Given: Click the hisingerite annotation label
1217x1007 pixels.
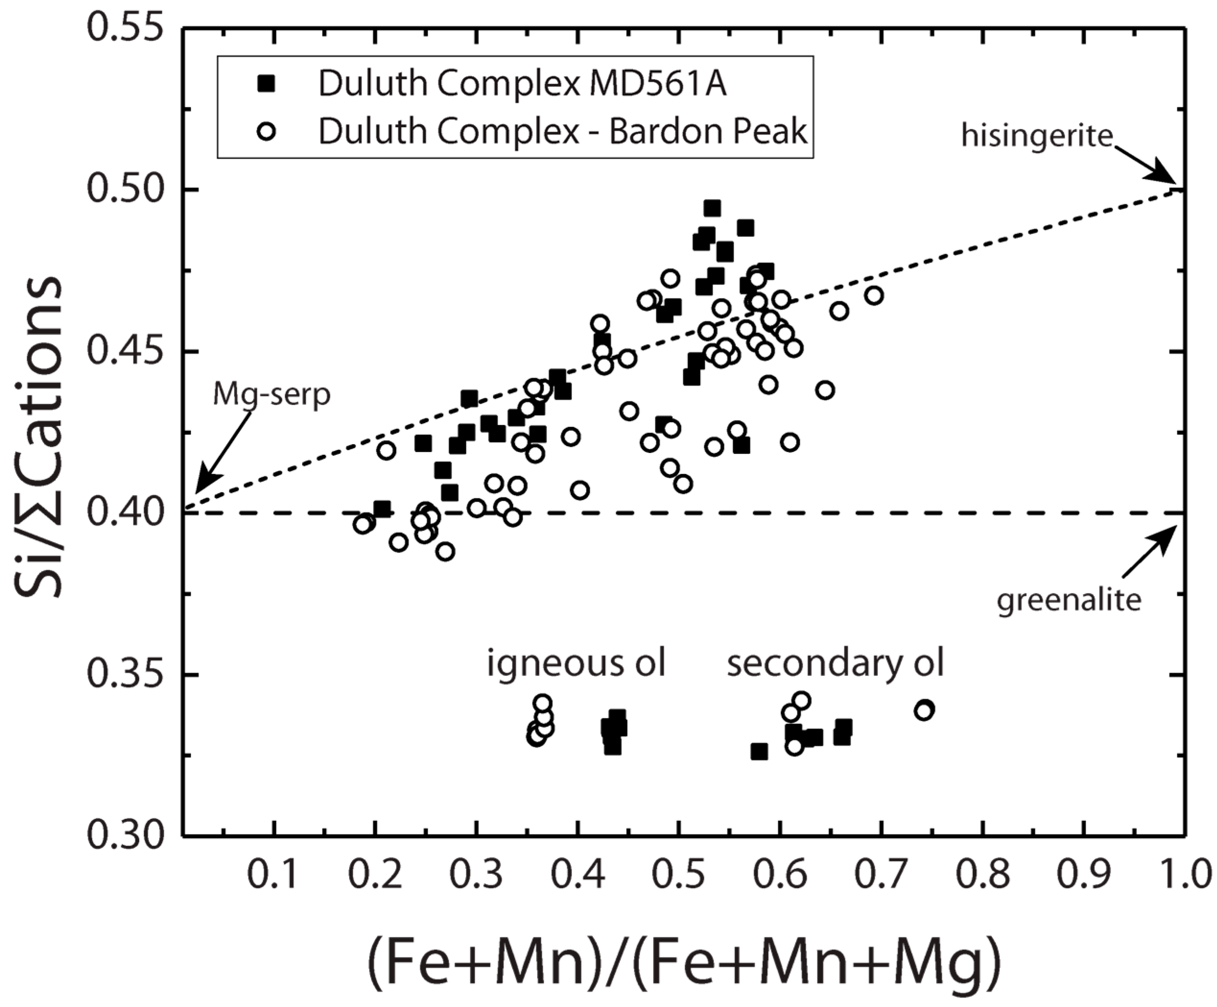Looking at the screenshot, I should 1037,136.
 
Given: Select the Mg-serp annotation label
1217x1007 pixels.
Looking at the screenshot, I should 271,395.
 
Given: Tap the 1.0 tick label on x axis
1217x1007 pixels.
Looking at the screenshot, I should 1186,873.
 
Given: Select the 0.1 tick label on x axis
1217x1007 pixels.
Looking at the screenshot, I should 272,873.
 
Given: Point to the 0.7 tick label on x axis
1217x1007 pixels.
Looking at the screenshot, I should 880,873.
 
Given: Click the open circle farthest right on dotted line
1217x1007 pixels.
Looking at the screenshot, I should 874,296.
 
